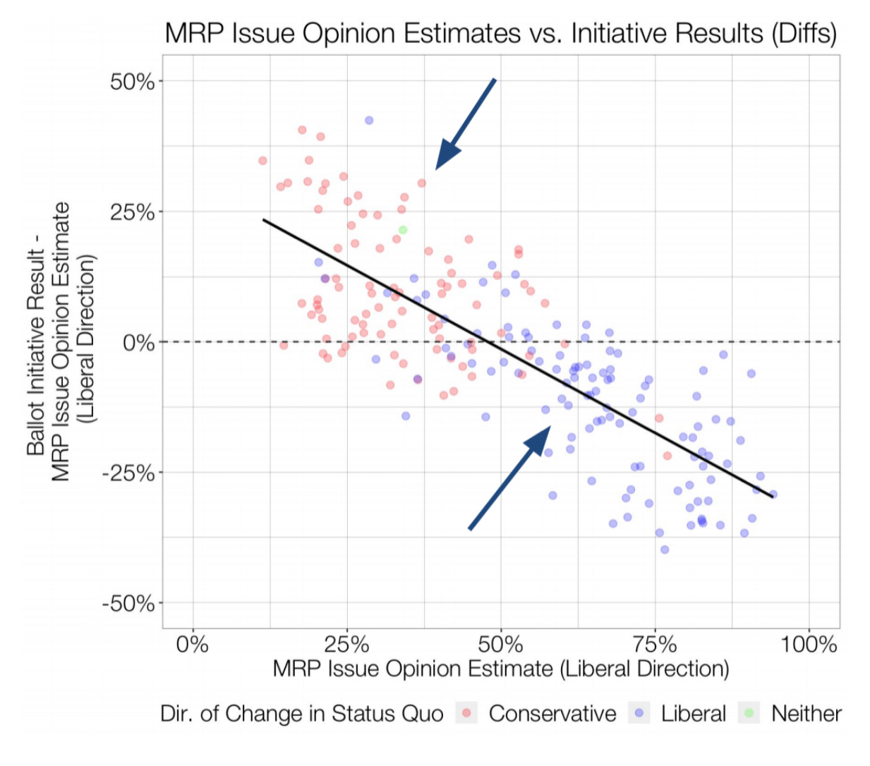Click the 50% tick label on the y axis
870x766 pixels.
[x=132, y=82]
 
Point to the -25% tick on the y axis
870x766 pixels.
[x=128, y=473]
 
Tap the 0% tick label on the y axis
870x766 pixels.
[x=138, y=343]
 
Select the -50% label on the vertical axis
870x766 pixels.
[x=128, y=604]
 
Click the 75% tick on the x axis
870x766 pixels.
[x=655, y=645]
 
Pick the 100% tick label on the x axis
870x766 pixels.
[x=809, y=645]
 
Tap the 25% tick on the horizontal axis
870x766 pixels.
[x=346, y=645]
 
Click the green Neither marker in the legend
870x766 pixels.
[x=749, y=713]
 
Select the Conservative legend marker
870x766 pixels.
[x=466, y=713]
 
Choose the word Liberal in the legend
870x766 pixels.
[x=693, y=714]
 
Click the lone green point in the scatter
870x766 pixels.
[x=403, y=230]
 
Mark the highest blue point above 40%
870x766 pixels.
[x=369, y=121]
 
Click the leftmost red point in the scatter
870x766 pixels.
[x=262, y=161]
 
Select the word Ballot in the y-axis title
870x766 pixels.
[x=36, y=431]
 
